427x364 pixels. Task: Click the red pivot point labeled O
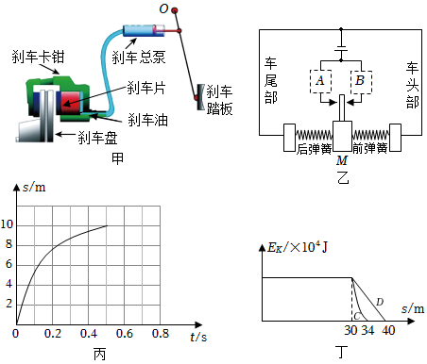(175, 10)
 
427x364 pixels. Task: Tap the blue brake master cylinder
(144, 30)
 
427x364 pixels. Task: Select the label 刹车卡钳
(38, 57)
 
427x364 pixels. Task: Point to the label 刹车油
(147, 120)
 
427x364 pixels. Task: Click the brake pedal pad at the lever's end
(200, 97)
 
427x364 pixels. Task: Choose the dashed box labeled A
(320, 81)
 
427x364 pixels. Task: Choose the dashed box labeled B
(361, 81)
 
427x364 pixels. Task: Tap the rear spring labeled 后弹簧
(314, 135)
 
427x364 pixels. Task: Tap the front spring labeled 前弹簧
(370, 135)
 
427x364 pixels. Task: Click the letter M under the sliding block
(342, 160)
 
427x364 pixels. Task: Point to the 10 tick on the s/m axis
(7, 224)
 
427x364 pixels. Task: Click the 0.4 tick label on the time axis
(89, 334)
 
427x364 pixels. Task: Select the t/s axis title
(198, 337)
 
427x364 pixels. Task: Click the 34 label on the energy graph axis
(367, 330)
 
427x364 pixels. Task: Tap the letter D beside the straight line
(380, 302)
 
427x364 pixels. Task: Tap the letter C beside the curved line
(357, 316)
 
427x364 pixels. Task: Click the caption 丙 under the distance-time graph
(99, 355)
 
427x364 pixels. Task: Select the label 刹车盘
(97, 138)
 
